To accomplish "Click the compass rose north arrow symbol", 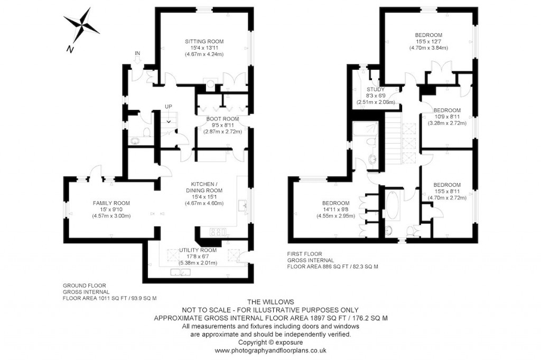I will coord(81,25).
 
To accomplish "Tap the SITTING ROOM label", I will coord(204,41).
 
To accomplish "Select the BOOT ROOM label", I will coord(222,119).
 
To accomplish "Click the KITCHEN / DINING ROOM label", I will coord(204,187).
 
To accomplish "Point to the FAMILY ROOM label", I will coord(111,203).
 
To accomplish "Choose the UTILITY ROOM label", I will coord(198,250).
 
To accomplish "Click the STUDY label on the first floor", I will coord(376,90).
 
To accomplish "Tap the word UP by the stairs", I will coord(169,107).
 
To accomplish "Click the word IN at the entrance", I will coord(137,53).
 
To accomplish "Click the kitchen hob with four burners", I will coord(218,232).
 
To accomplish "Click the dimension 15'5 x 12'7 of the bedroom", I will coord(428,41).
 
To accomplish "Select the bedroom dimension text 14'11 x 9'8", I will coord(336,209).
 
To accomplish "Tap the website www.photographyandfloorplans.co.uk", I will coord(270,350).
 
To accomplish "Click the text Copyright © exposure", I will coord(270,342).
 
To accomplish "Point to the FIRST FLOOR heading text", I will coord(304,254).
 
